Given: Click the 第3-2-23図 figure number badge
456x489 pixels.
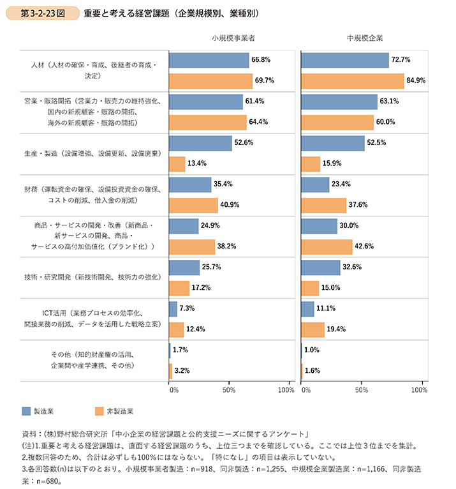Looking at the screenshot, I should (x=43, y=13).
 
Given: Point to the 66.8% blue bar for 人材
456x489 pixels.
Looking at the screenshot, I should (x=209, y=60).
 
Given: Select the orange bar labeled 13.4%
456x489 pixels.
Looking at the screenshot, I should (x=177, y=163).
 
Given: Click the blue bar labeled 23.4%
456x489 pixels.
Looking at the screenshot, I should (x=314, y=184).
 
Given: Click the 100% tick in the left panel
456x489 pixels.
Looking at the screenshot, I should (x=286, y=389).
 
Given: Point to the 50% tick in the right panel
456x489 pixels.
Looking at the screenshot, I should (x=361, y=389).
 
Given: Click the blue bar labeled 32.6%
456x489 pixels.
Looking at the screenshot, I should (x=320, y=267).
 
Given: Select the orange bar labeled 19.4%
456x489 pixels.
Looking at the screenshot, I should (x=312, y=329).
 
